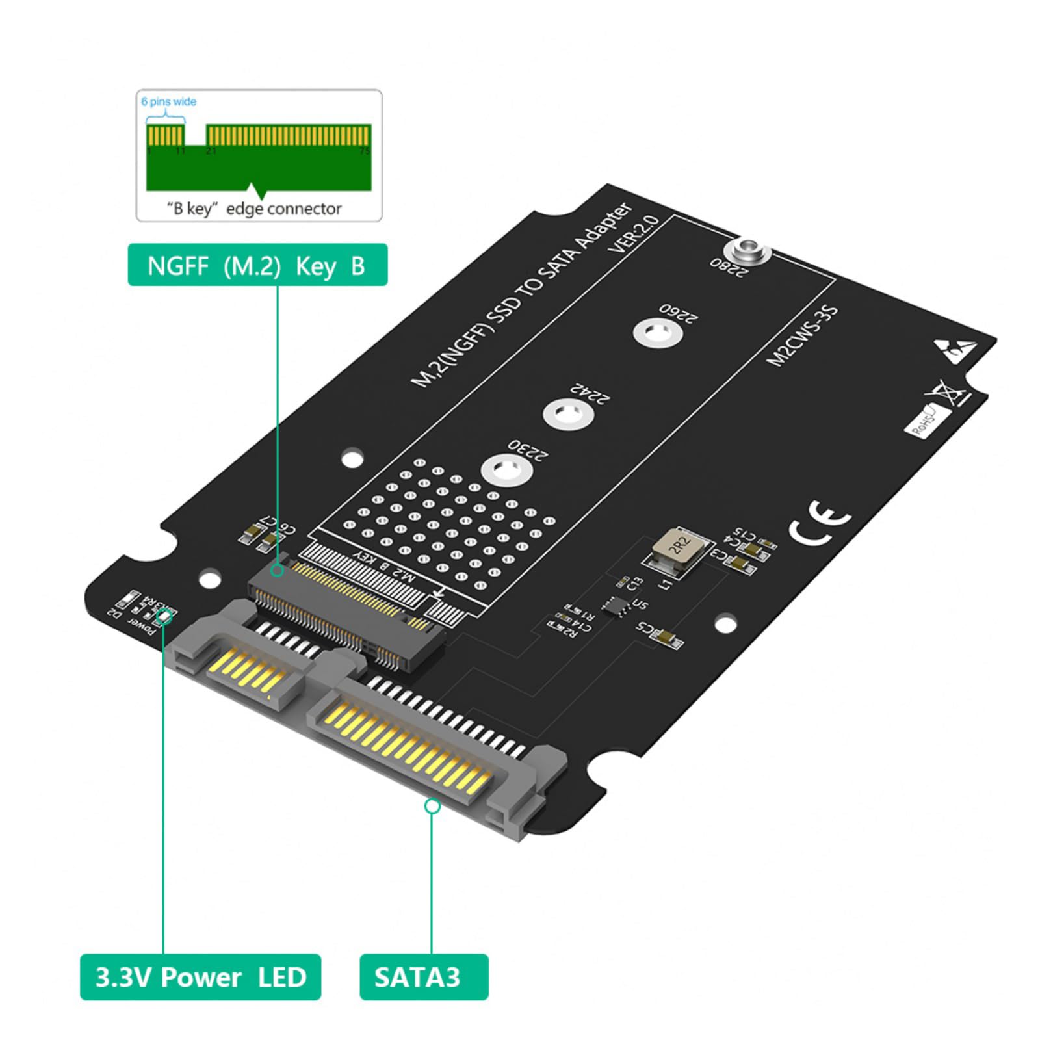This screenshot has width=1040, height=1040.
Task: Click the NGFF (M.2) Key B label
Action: click(x=257, y=265)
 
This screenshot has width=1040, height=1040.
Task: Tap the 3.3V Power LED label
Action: click(x=200, y=977)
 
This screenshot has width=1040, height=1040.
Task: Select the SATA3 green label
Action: click(x=423, y=977)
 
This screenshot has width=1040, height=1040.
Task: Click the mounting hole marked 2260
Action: click(x=657, y=333)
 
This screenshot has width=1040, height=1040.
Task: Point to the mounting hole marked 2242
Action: click(x=567, y=413)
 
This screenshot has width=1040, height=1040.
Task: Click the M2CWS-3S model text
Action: click(x=802, y=335)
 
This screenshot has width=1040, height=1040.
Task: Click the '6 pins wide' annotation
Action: click(x=168, y=101)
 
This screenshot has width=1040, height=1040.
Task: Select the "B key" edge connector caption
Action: click(x=254, y=209)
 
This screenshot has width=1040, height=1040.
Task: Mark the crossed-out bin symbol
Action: click(x=946, y=393)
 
